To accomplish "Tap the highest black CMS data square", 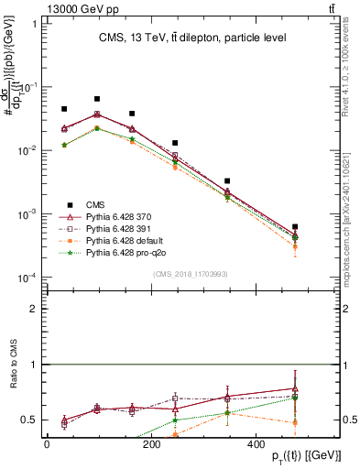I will [97, 99].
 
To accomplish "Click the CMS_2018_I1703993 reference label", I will [191, 272].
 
